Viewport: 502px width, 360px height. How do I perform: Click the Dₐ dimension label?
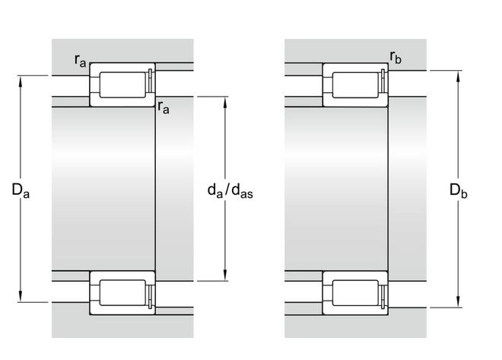[x=21, y=190]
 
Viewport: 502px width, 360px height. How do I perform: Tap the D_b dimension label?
[x=459, y=190]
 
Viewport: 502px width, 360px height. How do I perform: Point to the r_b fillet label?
[x=396, y=57]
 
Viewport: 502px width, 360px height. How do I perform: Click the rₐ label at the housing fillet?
[x=80, y=60]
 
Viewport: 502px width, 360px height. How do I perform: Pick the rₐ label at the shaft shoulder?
[x=164, y=107]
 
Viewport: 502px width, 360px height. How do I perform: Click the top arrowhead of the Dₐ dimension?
[x=21, y=81]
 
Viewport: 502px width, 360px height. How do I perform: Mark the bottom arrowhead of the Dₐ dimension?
[x=21, y=297]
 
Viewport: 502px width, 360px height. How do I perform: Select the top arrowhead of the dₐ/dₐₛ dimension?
[x=225, y=102]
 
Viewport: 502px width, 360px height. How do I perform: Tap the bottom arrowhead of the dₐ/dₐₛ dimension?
[x=225, y=276]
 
